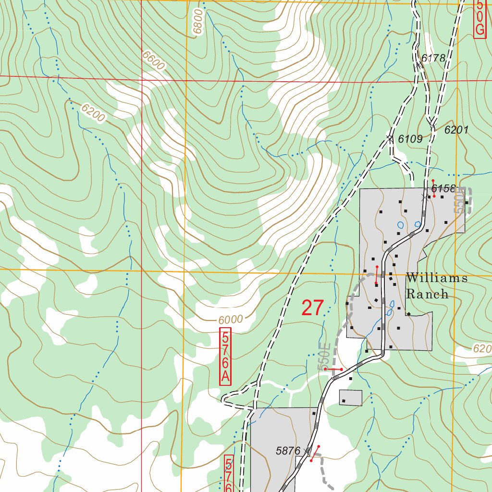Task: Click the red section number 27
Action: [313, 308]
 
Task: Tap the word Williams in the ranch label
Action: [436, 278]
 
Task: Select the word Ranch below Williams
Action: [427, 294]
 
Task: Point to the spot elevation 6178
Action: [433, 59]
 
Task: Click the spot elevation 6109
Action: [410, 139]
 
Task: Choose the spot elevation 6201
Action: [456, 130]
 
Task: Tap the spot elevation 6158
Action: [443, 188]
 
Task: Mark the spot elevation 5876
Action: [288, 451]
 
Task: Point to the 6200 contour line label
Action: [92, 114]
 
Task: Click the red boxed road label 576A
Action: [225, 356]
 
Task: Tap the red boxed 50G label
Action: [479, 18]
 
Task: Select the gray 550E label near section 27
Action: [324, 356]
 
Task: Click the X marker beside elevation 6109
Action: [390, 138]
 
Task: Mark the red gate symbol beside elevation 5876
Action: [315, 453]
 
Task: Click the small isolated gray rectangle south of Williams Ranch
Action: [351, 397]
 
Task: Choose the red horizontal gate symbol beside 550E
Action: [333, 369]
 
